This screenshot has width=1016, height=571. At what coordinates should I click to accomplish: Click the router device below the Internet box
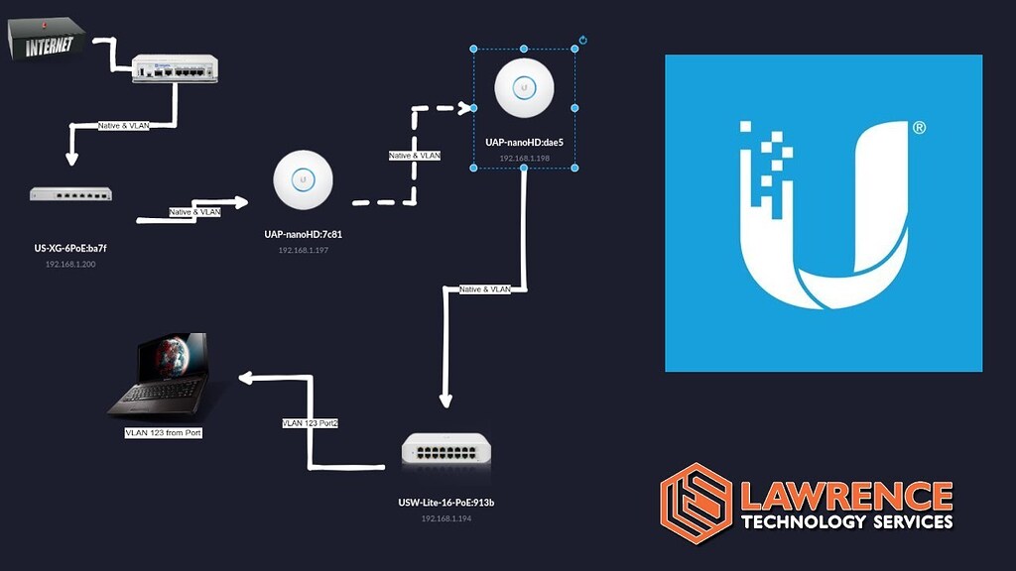[x=175, y=67]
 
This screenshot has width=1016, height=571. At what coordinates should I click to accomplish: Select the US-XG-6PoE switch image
[x=70, y=194]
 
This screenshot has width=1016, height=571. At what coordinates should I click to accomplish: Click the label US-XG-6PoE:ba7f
[x=70, y=248]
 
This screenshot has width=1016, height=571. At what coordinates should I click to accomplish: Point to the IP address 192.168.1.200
[x=70, y=265]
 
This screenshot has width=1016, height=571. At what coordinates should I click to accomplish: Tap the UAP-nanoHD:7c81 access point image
[x=302, y=177]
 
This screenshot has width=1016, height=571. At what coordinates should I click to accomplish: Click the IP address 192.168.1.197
[x=303, y=251]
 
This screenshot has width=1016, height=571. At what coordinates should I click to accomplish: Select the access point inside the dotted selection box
[x=524, y=87]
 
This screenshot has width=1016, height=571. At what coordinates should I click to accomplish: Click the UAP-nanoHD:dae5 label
[x=524, y=143]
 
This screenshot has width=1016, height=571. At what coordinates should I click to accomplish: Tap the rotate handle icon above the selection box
[x=583, y=41]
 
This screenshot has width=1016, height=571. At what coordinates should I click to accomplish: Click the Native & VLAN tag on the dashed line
[x=415, y=156]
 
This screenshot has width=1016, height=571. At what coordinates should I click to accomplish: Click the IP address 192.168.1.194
[x=445, y=518]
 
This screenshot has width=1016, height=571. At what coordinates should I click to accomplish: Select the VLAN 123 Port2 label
[x=311, y=423]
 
